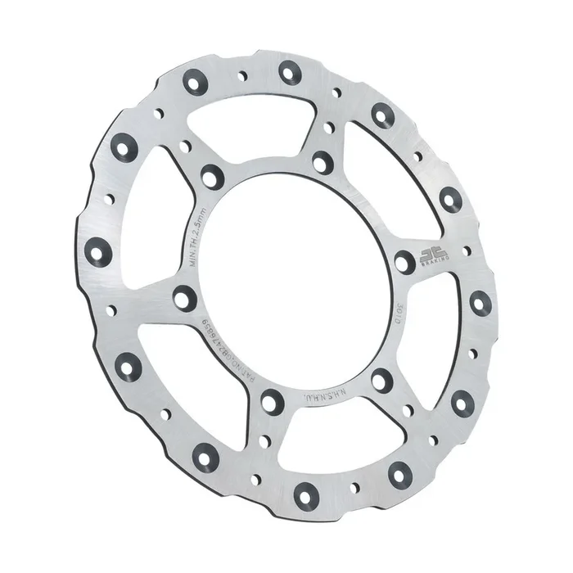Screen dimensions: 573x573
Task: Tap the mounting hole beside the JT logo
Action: click(x=404, y=262)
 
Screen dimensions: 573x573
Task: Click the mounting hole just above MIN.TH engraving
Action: click(x=213, y=175)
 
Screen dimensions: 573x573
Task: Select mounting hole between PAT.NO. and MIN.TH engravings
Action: click(x=183, y=298)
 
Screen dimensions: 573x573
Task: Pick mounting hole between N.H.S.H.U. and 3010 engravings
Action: click(x=381, y=380)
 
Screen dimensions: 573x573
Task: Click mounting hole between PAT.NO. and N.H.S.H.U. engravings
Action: click(x=272, y=401)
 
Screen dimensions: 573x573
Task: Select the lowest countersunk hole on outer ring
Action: click(x=306, y=494)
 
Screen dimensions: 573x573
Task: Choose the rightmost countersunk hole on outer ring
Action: click(x=480, y=303)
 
